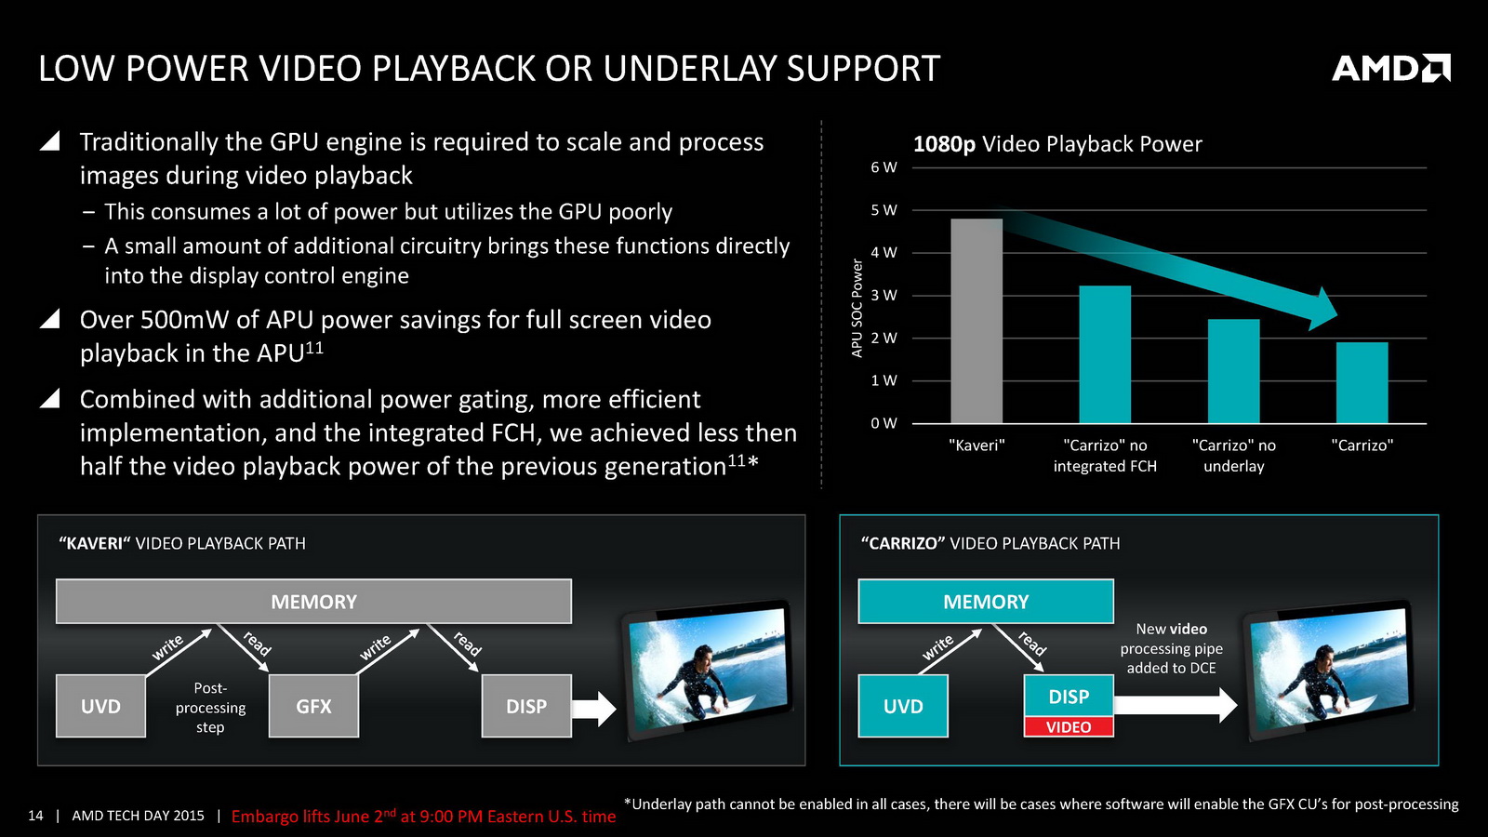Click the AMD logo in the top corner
point(1391,69)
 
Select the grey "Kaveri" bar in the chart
point(976,321)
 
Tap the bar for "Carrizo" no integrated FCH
point(1105,354)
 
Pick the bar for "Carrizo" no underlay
point(1233,371)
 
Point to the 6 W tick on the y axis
point(883,167)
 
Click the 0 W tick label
point(883,423)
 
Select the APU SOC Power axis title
point(857,308)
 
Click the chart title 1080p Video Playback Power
point(1057,144)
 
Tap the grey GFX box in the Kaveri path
point(313,706)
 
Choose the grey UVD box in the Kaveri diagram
point(101,706)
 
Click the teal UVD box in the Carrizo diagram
point(903,706)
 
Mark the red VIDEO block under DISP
point(1069,726)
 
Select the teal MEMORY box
point(986,601)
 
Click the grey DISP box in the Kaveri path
point(526,706)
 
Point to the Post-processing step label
point(210,708)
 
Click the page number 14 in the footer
point(35,816)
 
